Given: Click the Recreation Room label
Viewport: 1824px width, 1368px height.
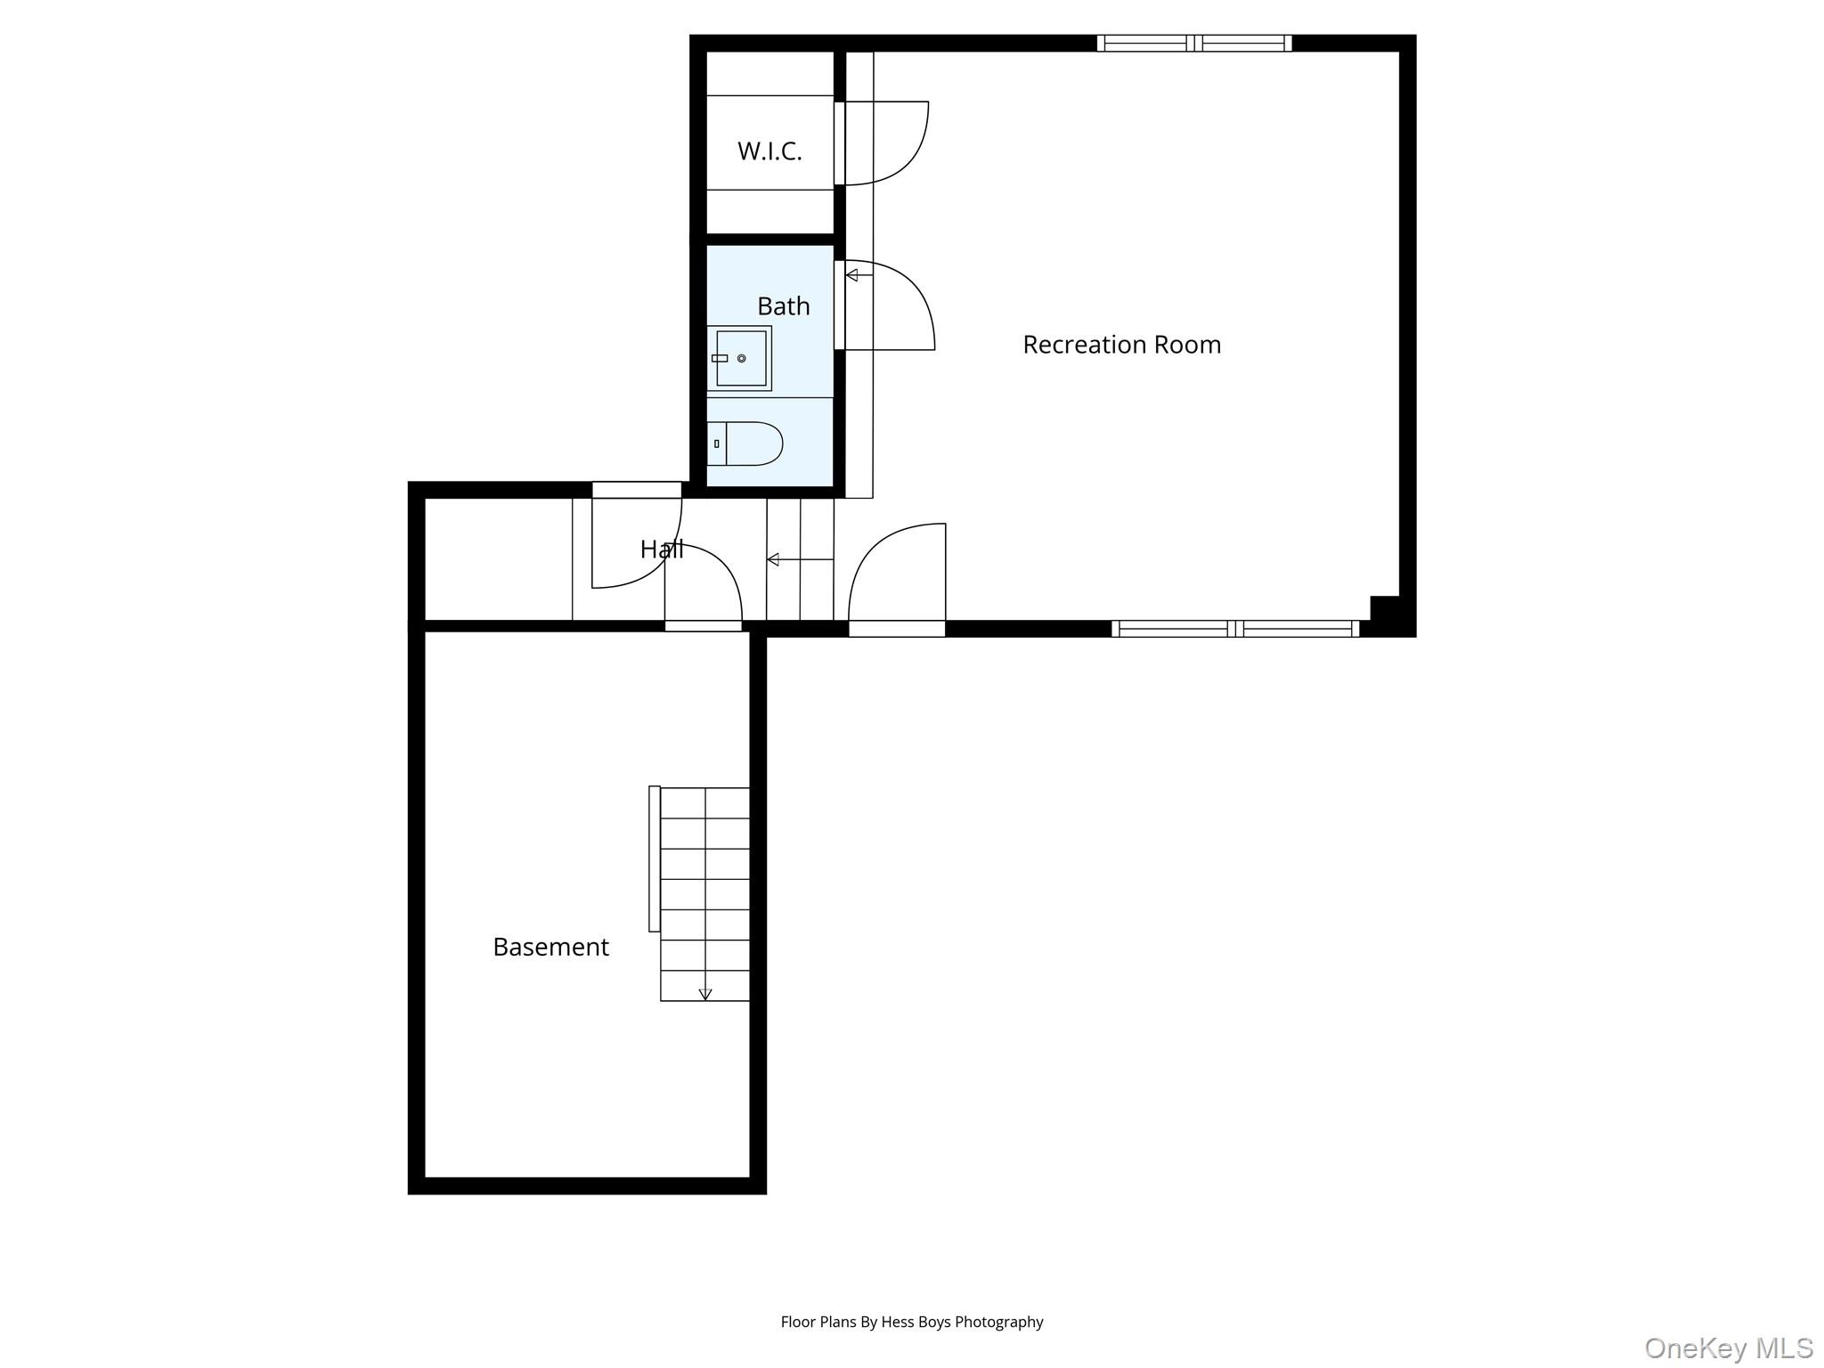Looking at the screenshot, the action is click(x=1121, y=345).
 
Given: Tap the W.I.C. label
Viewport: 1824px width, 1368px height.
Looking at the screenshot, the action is click(x=769, y=151).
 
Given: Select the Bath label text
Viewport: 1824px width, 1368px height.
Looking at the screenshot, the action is click(x=784, y=306).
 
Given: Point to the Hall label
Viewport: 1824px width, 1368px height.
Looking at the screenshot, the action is click(x=662, y=550).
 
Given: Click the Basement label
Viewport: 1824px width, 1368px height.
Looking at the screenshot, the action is click(x=550, y=947).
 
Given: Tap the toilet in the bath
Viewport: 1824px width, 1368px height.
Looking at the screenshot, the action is click(x=745, y=444).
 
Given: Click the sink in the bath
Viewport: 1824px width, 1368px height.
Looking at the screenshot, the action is click(x=739, y=358).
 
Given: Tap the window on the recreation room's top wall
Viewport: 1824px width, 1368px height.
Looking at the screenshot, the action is click(x=1194, y=43).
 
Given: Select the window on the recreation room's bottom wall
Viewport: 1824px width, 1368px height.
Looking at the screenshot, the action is click(x=1235, y=629).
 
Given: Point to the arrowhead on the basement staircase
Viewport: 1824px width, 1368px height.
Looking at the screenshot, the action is click(x=705, y=995).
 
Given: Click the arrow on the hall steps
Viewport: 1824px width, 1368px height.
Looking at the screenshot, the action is click(x=800, y=559).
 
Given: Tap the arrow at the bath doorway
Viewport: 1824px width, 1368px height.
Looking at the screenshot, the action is click(x=859, y=275).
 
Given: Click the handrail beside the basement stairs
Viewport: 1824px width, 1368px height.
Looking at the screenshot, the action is click(x=655, y=859).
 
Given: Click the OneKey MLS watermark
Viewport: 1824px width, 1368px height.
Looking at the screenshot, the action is click(x=1729, y=1348).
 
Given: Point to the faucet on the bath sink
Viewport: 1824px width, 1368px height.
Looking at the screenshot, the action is click(x=720, y=358).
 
